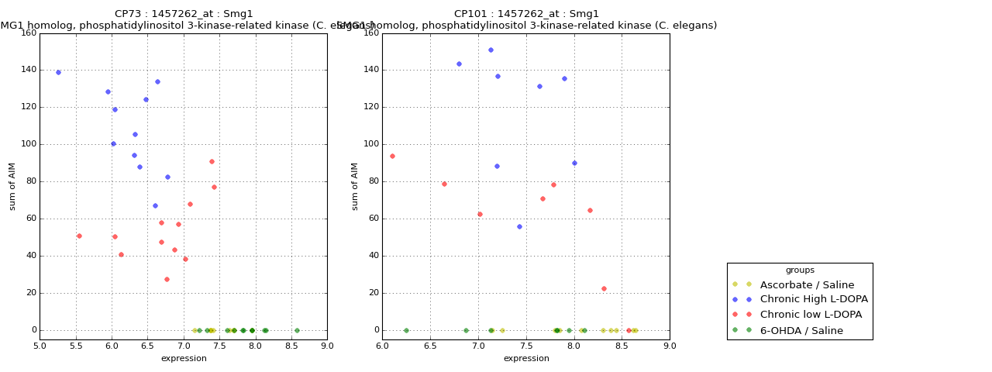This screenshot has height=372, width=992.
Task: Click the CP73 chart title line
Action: tap(184, 14)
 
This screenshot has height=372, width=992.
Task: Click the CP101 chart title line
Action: tap(526, 14)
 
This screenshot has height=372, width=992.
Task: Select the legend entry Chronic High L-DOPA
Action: tap(814, 300)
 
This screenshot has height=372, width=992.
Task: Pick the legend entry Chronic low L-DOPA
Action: tap(811, 315)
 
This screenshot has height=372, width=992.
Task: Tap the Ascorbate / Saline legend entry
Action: tap(807, 285)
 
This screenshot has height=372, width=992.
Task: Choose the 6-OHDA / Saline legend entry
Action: tap(801, 331)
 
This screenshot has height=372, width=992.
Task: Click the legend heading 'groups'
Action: tap(800, 270)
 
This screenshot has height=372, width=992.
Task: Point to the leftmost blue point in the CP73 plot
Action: tap(58, 72)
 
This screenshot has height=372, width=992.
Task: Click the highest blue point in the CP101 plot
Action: tap(491, 50)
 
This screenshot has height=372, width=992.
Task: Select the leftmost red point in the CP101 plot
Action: tap(392, 156)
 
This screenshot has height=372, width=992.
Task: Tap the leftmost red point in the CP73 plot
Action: tap(79, 236)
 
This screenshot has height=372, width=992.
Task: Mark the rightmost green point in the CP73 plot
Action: tap(297, 330)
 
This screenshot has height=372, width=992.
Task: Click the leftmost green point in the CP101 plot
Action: tap(406, 330)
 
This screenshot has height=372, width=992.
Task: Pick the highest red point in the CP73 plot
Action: tap(212, 161)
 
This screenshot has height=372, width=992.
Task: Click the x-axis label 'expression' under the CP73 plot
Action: tap(184, 359)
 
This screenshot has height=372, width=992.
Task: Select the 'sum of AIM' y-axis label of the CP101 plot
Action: tap(355, 186)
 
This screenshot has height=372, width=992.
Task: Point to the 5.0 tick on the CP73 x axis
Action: tap(40, 346)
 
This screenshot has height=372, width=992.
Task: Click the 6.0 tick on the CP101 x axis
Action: tap(383, 346)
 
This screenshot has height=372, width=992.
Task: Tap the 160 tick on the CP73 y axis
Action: tap(28, 33)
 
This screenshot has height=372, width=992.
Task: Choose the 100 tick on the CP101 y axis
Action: tap(370, 144)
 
